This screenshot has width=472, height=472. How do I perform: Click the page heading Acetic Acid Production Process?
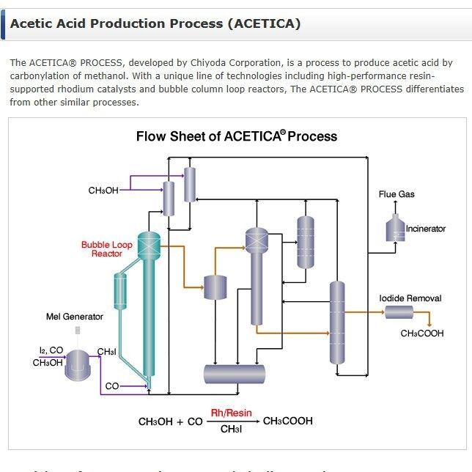155,23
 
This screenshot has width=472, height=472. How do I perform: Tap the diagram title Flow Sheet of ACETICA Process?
236,136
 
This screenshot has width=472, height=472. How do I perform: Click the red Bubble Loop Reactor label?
107,249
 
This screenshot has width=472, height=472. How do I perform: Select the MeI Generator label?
74,317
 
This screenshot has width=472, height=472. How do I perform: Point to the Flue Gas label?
397,194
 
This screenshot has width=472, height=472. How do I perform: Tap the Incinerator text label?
426,229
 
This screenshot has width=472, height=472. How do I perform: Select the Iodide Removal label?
410,298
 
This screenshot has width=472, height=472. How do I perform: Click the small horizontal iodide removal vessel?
399,313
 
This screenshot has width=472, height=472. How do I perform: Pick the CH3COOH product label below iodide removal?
423,334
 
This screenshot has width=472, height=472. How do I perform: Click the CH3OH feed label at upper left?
103,191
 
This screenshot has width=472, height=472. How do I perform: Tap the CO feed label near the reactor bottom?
112,386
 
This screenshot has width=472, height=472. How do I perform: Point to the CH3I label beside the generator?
107,353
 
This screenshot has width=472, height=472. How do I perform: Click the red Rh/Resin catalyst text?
231,413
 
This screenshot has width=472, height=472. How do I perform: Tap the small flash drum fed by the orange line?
216,287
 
